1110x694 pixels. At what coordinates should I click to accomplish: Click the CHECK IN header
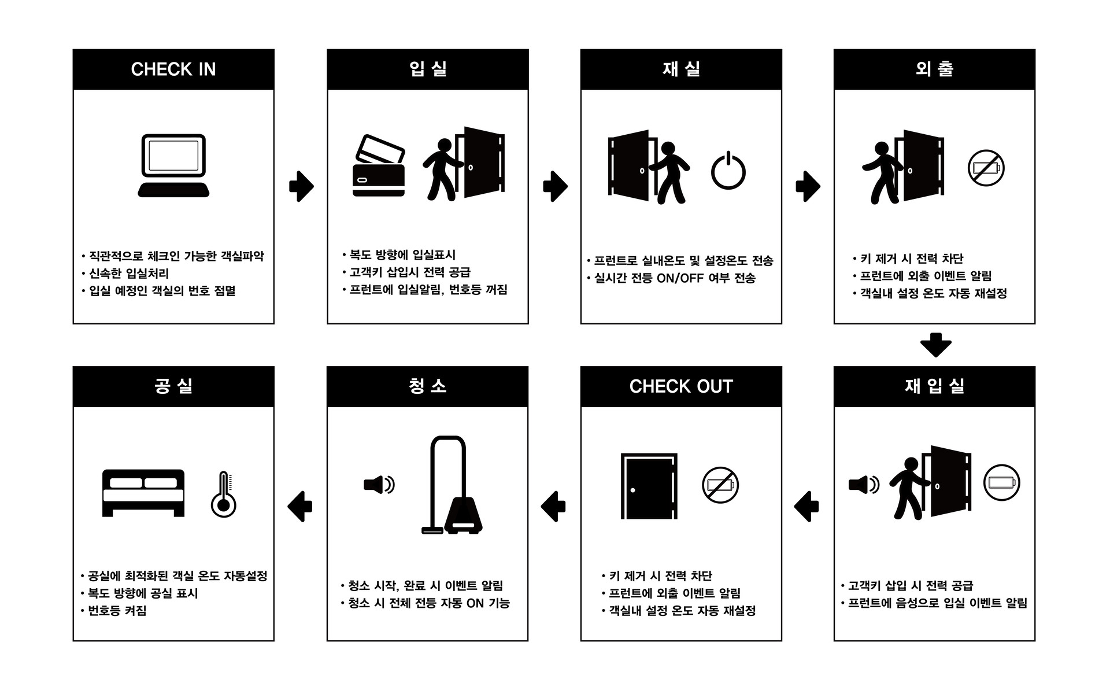click(173, 69)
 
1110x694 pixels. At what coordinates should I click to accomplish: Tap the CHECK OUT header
click(681, 386)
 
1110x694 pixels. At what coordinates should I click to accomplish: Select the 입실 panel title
click(428, 69)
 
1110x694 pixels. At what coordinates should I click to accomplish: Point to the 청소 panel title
click(428, 386)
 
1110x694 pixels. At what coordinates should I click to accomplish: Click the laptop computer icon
click(173, 166)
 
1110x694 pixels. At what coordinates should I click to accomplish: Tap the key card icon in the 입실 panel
click(379, 166)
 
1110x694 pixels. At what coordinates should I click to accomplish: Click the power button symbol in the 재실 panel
click(728, 171)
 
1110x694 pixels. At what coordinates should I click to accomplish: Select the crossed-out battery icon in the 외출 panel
click(986, 168)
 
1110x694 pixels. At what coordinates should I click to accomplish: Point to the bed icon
click(143, 493)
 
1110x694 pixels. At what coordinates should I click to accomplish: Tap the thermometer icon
click(224, 494)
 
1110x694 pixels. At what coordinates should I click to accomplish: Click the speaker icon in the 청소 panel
click(379, 484)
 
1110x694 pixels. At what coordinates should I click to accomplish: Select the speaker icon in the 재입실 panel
click(864, 484)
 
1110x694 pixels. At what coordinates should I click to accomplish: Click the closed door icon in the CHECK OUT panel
click(649, 486)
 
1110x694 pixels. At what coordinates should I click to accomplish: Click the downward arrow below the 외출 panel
click(935, 345)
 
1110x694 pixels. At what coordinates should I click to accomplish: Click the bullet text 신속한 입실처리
click(129, 274)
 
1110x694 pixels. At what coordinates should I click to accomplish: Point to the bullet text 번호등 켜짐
click(117, 611)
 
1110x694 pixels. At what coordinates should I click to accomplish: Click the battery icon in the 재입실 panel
click(1002, 482)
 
